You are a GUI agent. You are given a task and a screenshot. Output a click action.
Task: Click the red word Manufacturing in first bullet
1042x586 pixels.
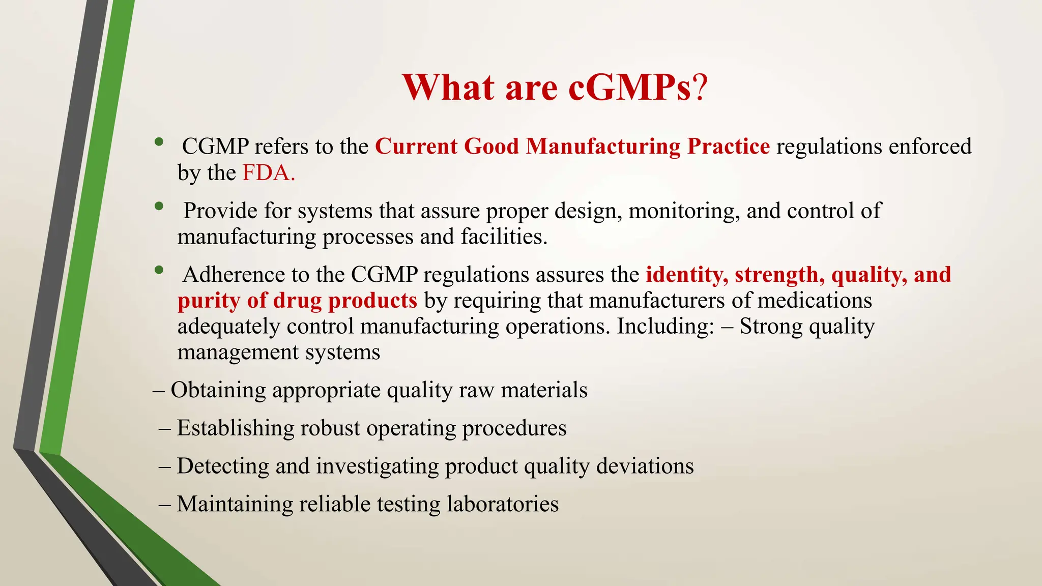tap(603, 146)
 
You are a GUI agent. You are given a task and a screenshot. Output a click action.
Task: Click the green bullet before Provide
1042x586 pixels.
tap(159, 206)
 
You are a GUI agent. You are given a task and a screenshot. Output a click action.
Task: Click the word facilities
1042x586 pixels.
tap(504, 237)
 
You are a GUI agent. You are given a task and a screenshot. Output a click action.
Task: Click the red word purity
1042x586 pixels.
tap(209, 301)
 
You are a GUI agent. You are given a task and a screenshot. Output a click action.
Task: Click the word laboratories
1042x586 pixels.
tap(503, 504)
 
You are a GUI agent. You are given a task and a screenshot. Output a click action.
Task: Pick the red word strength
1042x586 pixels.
tap(779, 275)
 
